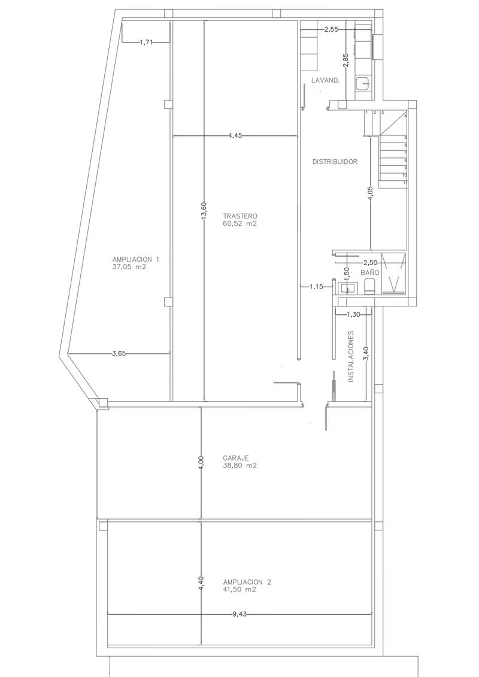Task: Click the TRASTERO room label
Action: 240,215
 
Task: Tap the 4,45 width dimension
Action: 235,136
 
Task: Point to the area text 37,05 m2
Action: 129,268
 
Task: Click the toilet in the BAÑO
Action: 369,287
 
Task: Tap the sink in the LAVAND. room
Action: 363,83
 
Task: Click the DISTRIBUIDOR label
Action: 335,162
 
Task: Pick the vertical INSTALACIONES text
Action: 351,357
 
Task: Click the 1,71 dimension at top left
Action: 146,42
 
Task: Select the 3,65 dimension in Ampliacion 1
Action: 119,354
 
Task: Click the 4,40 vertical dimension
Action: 201,584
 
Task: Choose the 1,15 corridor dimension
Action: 316,287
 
